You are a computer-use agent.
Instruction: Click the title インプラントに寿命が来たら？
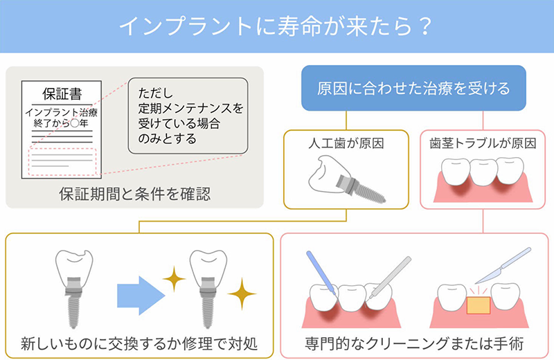(276, 26)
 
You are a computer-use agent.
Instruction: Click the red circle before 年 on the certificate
(75, 123)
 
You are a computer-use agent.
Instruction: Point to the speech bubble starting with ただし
(188, 114)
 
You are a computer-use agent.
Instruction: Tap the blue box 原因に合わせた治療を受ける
(413, 89)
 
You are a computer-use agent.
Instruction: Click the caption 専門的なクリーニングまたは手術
(413, 343)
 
